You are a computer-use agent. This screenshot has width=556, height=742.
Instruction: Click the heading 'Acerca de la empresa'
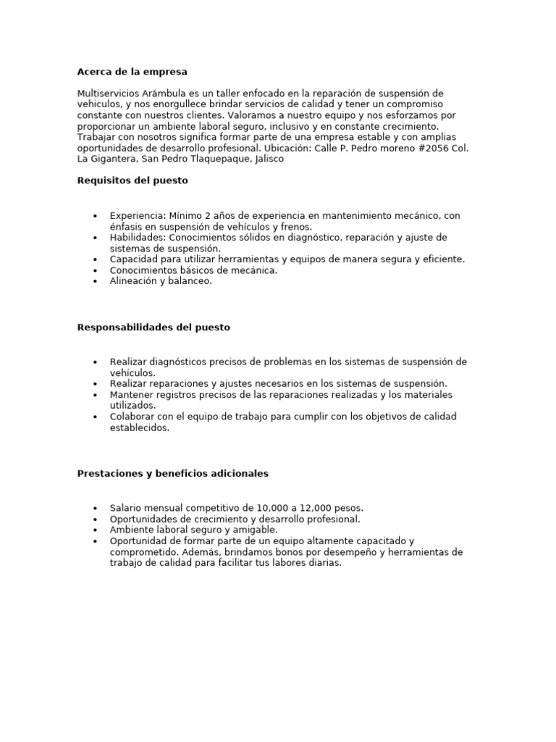(x=132, y=72)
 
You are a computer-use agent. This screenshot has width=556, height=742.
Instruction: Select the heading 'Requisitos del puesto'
(x=132, y=180)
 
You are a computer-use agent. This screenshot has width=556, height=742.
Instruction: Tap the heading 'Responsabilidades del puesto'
(x=153, y=327)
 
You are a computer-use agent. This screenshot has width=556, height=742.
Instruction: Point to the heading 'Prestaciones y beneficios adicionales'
(x=172, y=473)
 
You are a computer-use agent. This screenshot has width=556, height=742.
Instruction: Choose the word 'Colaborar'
(x=132, y=417)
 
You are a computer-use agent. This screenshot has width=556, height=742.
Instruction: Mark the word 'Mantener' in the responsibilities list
(x=132, y=395)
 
